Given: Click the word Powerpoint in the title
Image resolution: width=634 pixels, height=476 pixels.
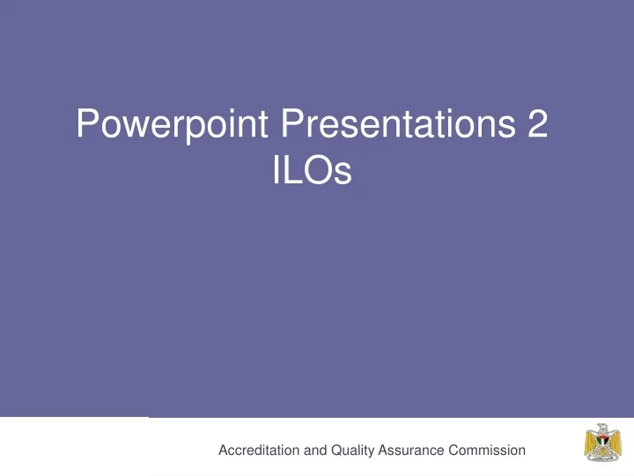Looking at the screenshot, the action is (172, 124).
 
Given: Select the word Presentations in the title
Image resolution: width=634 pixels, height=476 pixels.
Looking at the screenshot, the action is (398, 123).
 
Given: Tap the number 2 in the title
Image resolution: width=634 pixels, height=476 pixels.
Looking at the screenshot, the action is (538, 123).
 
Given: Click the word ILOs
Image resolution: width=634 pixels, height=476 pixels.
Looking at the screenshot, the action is (312, 169).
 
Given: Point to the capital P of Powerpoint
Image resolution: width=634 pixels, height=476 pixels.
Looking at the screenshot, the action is (87, 123).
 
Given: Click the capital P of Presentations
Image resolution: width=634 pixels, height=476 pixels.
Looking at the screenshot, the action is (292, 123).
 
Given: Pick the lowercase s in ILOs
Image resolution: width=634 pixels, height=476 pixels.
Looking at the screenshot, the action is (343, 174).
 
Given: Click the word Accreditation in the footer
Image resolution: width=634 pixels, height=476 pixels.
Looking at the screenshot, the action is (259, 450).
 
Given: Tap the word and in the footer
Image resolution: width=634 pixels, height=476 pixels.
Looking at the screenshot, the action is (315, 450).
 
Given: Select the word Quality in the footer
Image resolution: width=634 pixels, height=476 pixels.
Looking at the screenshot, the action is (352, 451).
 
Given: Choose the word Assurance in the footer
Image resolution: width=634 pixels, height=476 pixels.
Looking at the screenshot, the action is (411, 450).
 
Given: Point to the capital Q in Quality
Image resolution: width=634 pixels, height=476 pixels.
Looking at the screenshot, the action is (336, 450).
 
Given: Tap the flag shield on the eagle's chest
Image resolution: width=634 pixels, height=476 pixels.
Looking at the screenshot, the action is (603, 443).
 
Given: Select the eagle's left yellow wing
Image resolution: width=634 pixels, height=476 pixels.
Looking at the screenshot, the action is (591, 443).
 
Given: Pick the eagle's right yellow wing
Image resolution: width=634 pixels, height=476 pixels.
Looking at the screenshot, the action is (615, 443).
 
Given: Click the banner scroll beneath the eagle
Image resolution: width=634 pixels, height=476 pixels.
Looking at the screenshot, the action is (603, 457).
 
